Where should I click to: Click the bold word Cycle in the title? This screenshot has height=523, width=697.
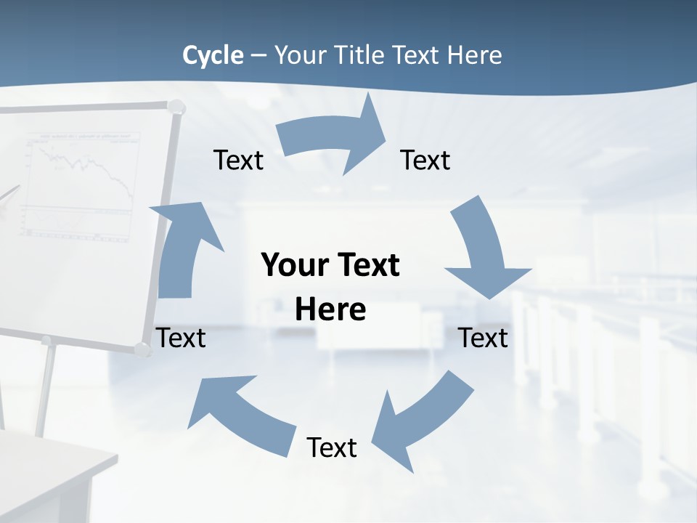click(213, 55)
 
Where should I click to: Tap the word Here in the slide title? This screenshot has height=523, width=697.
click(474, 55)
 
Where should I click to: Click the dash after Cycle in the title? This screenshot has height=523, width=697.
click(258, 56)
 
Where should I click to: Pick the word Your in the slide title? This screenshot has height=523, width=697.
click(298, 55)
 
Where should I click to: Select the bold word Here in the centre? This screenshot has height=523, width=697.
click(330, 310)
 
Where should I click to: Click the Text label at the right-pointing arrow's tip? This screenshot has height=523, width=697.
click(425, 160)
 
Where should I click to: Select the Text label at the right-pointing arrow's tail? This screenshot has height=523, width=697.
click(238, 160)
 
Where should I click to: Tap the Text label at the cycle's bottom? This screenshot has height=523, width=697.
click(332, 447)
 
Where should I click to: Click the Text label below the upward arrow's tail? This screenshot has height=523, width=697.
click(182, 338)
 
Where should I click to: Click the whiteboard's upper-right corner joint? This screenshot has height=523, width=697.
click(176, 108)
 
